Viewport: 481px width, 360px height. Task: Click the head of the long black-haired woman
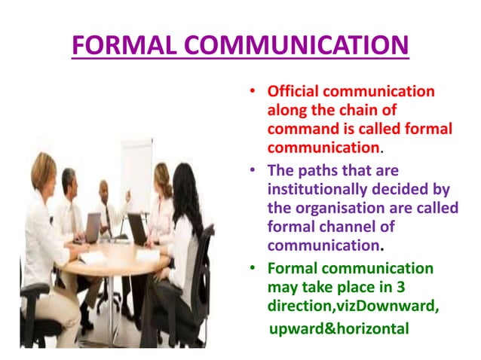(185, 183)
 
